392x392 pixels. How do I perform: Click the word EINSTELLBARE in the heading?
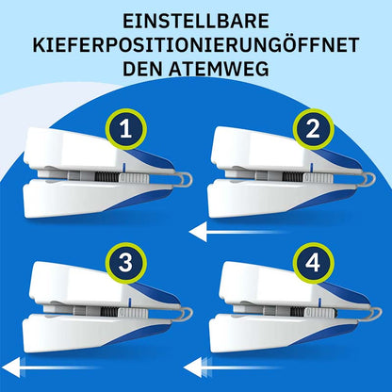click(196, 21)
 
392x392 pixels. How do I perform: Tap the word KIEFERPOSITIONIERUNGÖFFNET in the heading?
click(196, 45)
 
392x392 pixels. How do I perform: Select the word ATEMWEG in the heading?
click(219, 69)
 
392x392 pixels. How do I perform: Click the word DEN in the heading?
click(142, 69)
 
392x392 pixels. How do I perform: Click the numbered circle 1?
click(126, 129)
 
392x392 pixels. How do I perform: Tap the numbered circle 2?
click(313, 129)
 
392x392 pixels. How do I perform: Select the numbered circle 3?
click(126, 263)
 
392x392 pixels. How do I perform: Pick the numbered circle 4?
click(313, 263)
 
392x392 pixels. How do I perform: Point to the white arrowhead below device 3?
click(11, 367)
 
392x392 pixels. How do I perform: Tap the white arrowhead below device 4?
click(194, 367)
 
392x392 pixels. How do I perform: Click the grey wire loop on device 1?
click(186, 180)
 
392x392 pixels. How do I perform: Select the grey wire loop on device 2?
click(369, 180)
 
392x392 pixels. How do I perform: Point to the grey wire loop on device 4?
click(376, 314)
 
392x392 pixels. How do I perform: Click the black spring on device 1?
click(107, 178)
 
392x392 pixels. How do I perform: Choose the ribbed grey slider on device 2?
click(318, 178)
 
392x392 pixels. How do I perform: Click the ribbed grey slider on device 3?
click(133, 313)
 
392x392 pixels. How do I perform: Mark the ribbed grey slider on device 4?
click(320, 313)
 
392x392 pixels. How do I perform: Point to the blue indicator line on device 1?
click(124, 168)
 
